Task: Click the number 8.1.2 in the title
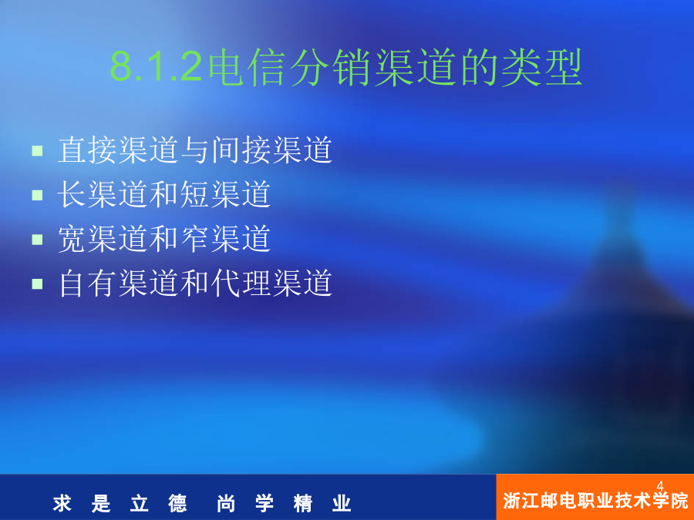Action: point(157,67)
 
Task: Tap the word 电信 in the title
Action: point(247,67)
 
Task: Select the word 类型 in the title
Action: point(542,67)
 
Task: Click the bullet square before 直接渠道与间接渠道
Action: point(37,151)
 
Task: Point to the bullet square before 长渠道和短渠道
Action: point(37,195)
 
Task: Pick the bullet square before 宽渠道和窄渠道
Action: point(37,240)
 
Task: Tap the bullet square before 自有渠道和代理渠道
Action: point(37,283)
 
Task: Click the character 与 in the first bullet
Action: point(195,150)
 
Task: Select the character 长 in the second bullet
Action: point(72,194)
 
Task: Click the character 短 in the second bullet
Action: point(195,194)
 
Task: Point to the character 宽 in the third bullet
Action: point(72,239)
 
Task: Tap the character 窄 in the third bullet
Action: point(195,239)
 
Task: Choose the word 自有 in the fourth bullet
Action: point(87,283)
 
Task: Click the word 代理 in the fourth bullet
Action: point(241,283)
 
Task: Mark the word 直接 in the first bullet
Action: point(87,150)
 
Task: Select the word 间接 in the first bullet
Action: point(241,150)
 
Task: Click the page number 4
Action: point(660,486)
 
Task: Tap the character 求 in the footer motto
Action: point(62,504)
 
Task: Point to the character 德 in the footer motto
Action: point(177,504)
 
